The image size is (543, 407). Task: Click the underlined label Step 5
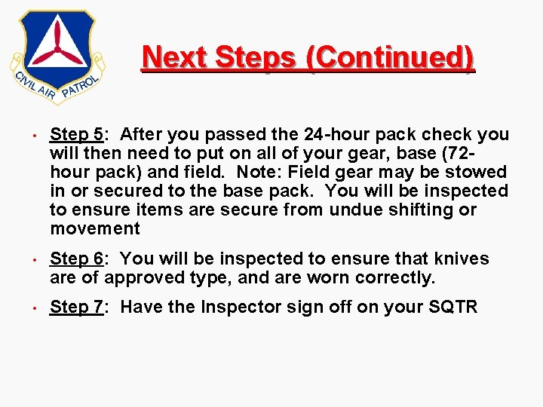[76, 135]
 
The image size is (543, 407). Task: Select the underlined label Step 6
[76, 259]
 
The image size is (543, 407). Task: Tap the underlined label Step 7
[76, 308]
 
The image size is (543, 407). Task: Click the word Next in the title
[173, 58]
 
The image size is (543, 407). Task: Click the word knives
[461, 259]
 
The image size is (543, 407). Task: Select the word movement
[95, 229]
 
